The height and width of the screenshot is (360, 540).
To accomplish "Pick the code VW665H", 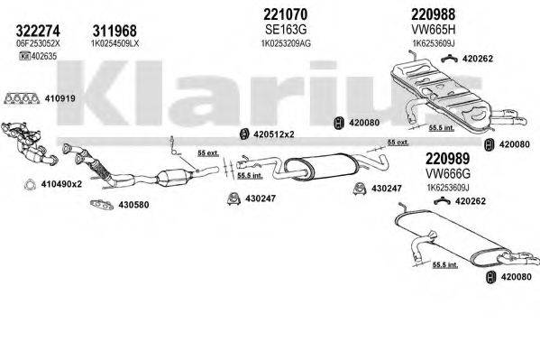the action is pyautogui.click(x=410, y=30).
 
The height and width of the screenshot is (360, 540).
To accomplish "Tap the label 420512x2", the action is pyautogui.click(x=274, y=134).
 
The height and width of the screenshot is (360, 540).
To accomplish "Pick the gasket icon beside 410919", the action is pyautogui.click(x=22, y=98).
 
